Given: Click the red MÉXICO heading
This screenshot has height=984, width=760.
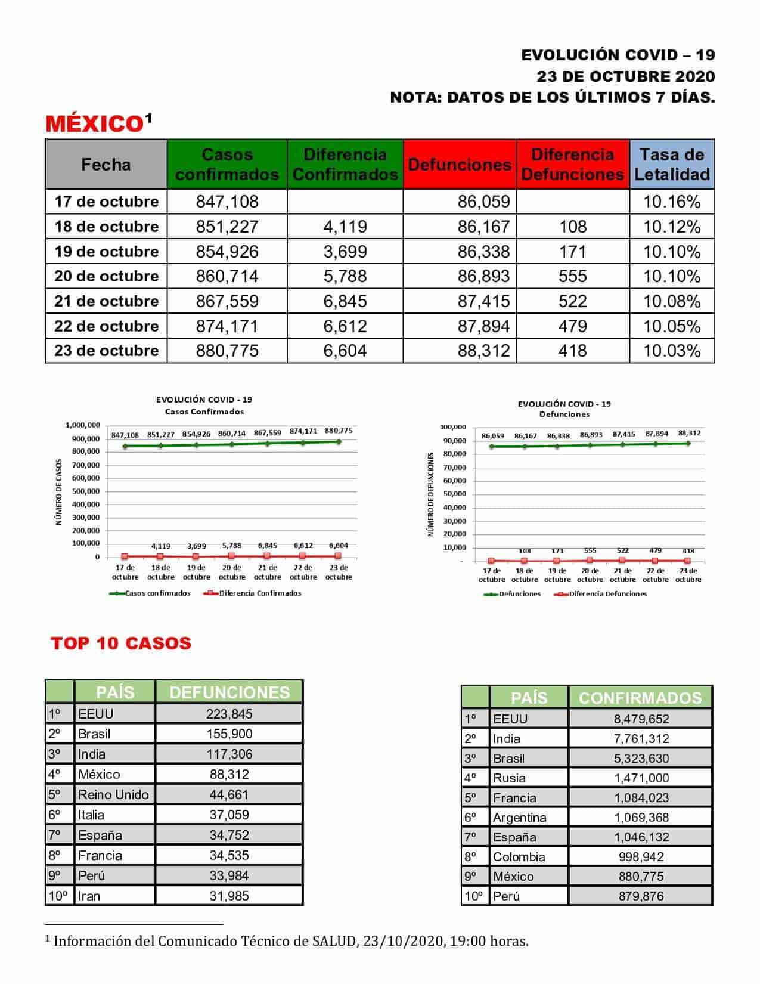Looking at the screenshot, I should (x=93, y=124).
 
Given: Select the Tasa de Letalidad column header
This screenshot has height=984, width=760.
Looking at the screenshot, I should (x=672, y=165).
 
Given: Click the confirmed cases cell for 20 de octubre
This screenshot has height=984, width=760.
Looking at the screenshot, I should (x=227, y=276).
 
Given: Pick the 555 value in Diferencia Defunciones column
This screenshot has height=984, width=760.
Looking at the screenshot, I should (x=572, y=276).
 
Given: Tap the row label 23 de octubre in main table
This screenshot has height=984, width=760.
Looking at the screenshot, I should (x=107, y=351).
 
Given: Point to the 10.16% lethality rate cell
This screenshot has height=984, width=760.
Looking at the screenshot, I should (x=672, y=202).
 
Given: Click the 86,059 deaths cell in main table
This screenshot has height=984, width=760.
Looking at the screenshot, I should (x=483, y=202).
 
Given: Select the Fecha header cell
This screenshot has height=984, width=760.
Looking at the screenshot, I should (x=106, y=165).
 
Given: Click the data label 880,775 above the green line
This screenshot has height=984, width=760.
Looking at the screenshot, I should (x=339, y=431).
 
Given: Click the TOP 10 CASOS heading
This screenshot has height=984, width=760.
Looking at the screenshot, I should (x=121, y=643).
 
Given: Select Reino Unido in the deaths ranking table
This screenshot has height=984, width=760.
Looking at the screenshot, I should (x=113, y=794).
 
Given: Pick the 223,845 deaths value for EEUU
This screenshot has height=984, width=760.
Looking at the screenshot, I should (x=229, y=714).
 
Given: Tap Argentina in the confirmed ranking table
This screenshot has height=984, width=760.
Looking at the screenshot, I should (x=519, y=818).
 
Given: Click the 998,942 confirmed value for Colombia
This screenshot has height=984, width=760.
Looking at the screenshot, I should (x=641, y=857).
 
